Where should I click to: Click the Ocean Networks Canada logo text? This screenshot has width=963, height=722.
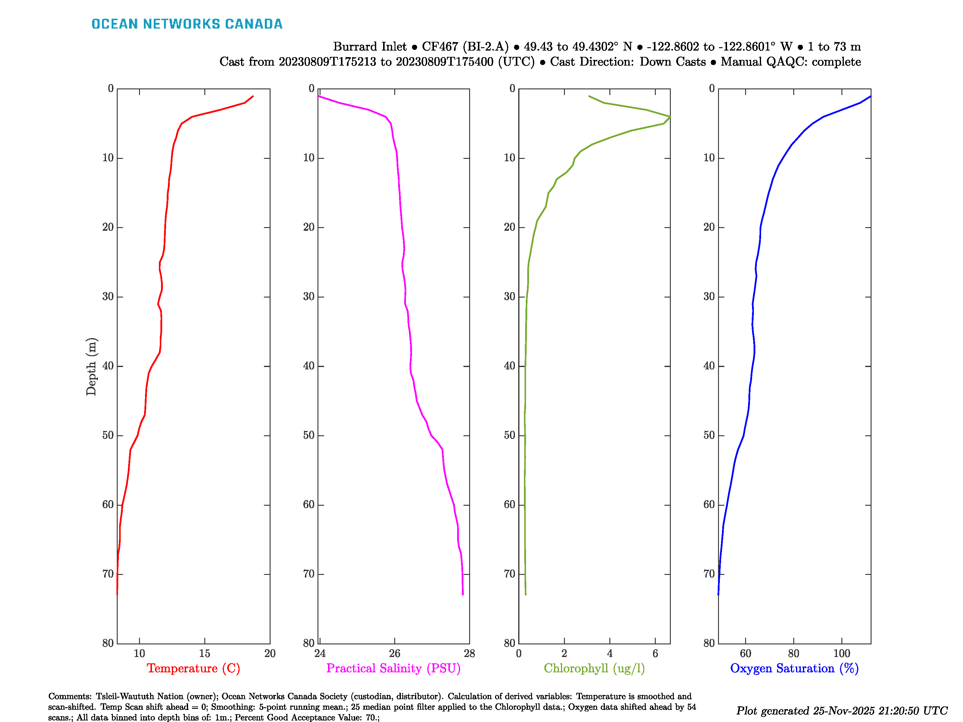click(187, 24)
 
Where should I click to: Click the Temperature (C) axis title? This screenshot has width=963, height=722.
click(193, 668)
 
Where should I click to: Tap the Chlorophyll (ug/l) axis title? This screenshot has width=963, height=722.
click(594, 668)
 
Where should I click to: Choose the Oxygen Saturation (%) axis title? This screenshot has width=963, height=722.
click(794, 668)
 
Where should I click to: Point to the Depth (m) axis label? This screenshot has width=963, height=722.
click(91, 366)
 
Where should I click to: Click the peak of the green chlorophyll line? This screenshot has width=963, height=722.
click(670, 117)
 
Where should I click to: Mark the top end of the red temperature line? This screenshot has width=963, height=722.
click(253, 96)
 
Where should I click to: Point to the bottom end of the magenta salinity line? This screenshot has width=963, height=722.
click(463, 594)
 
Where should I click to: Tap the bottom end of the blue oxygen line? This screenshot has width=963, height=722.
click(718, 594)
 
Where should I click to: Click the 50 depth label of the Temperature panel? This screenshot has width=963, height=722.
click(108, 436)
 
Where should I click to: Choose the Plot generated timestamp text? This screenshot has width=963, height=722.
click(841, 711)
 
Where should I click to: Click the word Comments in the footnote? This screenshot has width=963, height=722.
click(70, 696)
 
